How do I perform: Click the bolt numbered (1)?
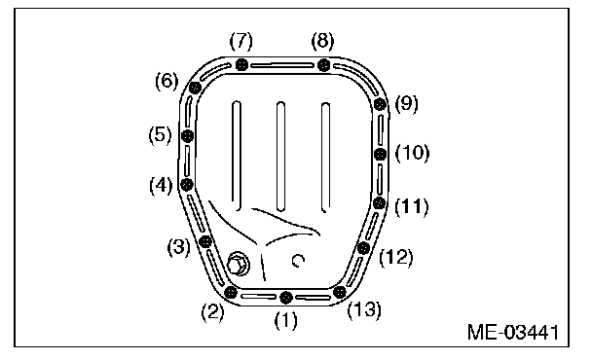(x=286, y=298)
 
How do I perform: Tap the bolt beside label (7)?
(x=241, y=65)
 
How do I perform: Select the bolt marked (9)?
(x=380, y=104)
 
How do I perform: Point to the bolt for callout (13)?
(x=340, y=292)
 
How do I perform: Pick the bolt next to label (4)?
(x=187, y=185)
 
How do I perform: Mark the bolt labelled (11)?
(x=379, y=203)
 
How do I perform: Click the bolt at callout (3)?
(x=205, y=241)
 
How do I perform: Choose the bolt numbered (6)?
(x=195, y=88)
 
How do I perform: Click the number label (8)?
(x=322, y=41)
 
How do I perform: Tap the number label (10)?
(x=412, y=153)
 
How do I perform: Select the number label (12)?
(x=395, y=258)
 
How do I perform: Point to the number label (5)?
(x=160, y=135)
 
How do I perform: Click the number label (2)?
(x=212, y=313)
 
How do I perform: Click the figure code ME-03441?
(x=513, y=333)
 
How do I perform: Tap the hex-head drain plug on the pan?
(x=238, y=264)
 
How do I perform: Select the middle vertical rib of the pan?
(x=280, y=156)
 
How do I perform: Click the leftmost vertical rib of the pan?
(x=237, y=155)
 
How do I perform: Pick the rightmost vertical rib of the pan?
(x=325, y=157)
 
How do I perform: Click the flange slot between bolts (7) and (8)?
(x=282, y=65)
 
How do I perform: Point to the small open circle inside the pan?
(x=298, y=261)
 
